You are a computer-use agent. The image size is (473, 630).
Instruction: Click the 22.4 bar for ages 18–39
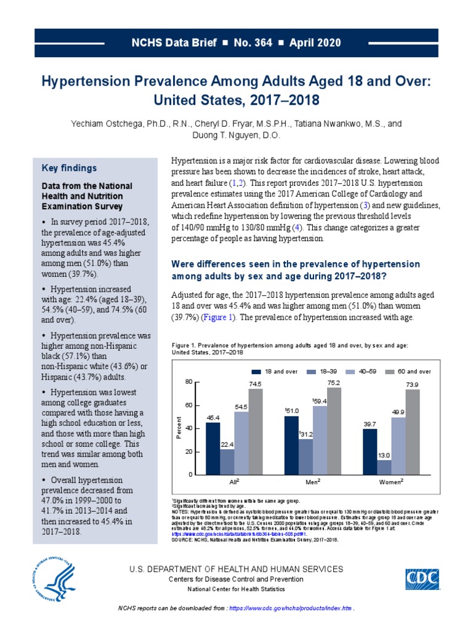pos(227,461)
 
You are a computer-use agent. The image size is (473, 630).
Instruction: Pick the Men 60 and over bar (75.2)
pos(334,431)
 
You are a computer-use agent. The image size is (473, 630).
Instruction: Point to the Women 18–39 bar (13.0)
pos(384,467)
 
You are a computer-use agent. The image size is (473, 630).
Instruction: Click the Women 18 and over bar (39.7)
pos(370,452)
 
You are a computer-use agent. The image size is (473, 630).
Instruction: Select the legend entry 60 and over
pos(410,372)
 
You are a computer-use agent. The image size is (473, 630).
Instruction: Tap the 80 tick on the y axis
pos(188,383)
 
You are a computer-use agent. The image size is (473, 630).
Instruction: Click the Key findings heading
pos(68,168)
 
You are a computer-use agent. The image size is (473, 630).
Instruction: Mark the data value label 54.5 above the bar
pos(241,407)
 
